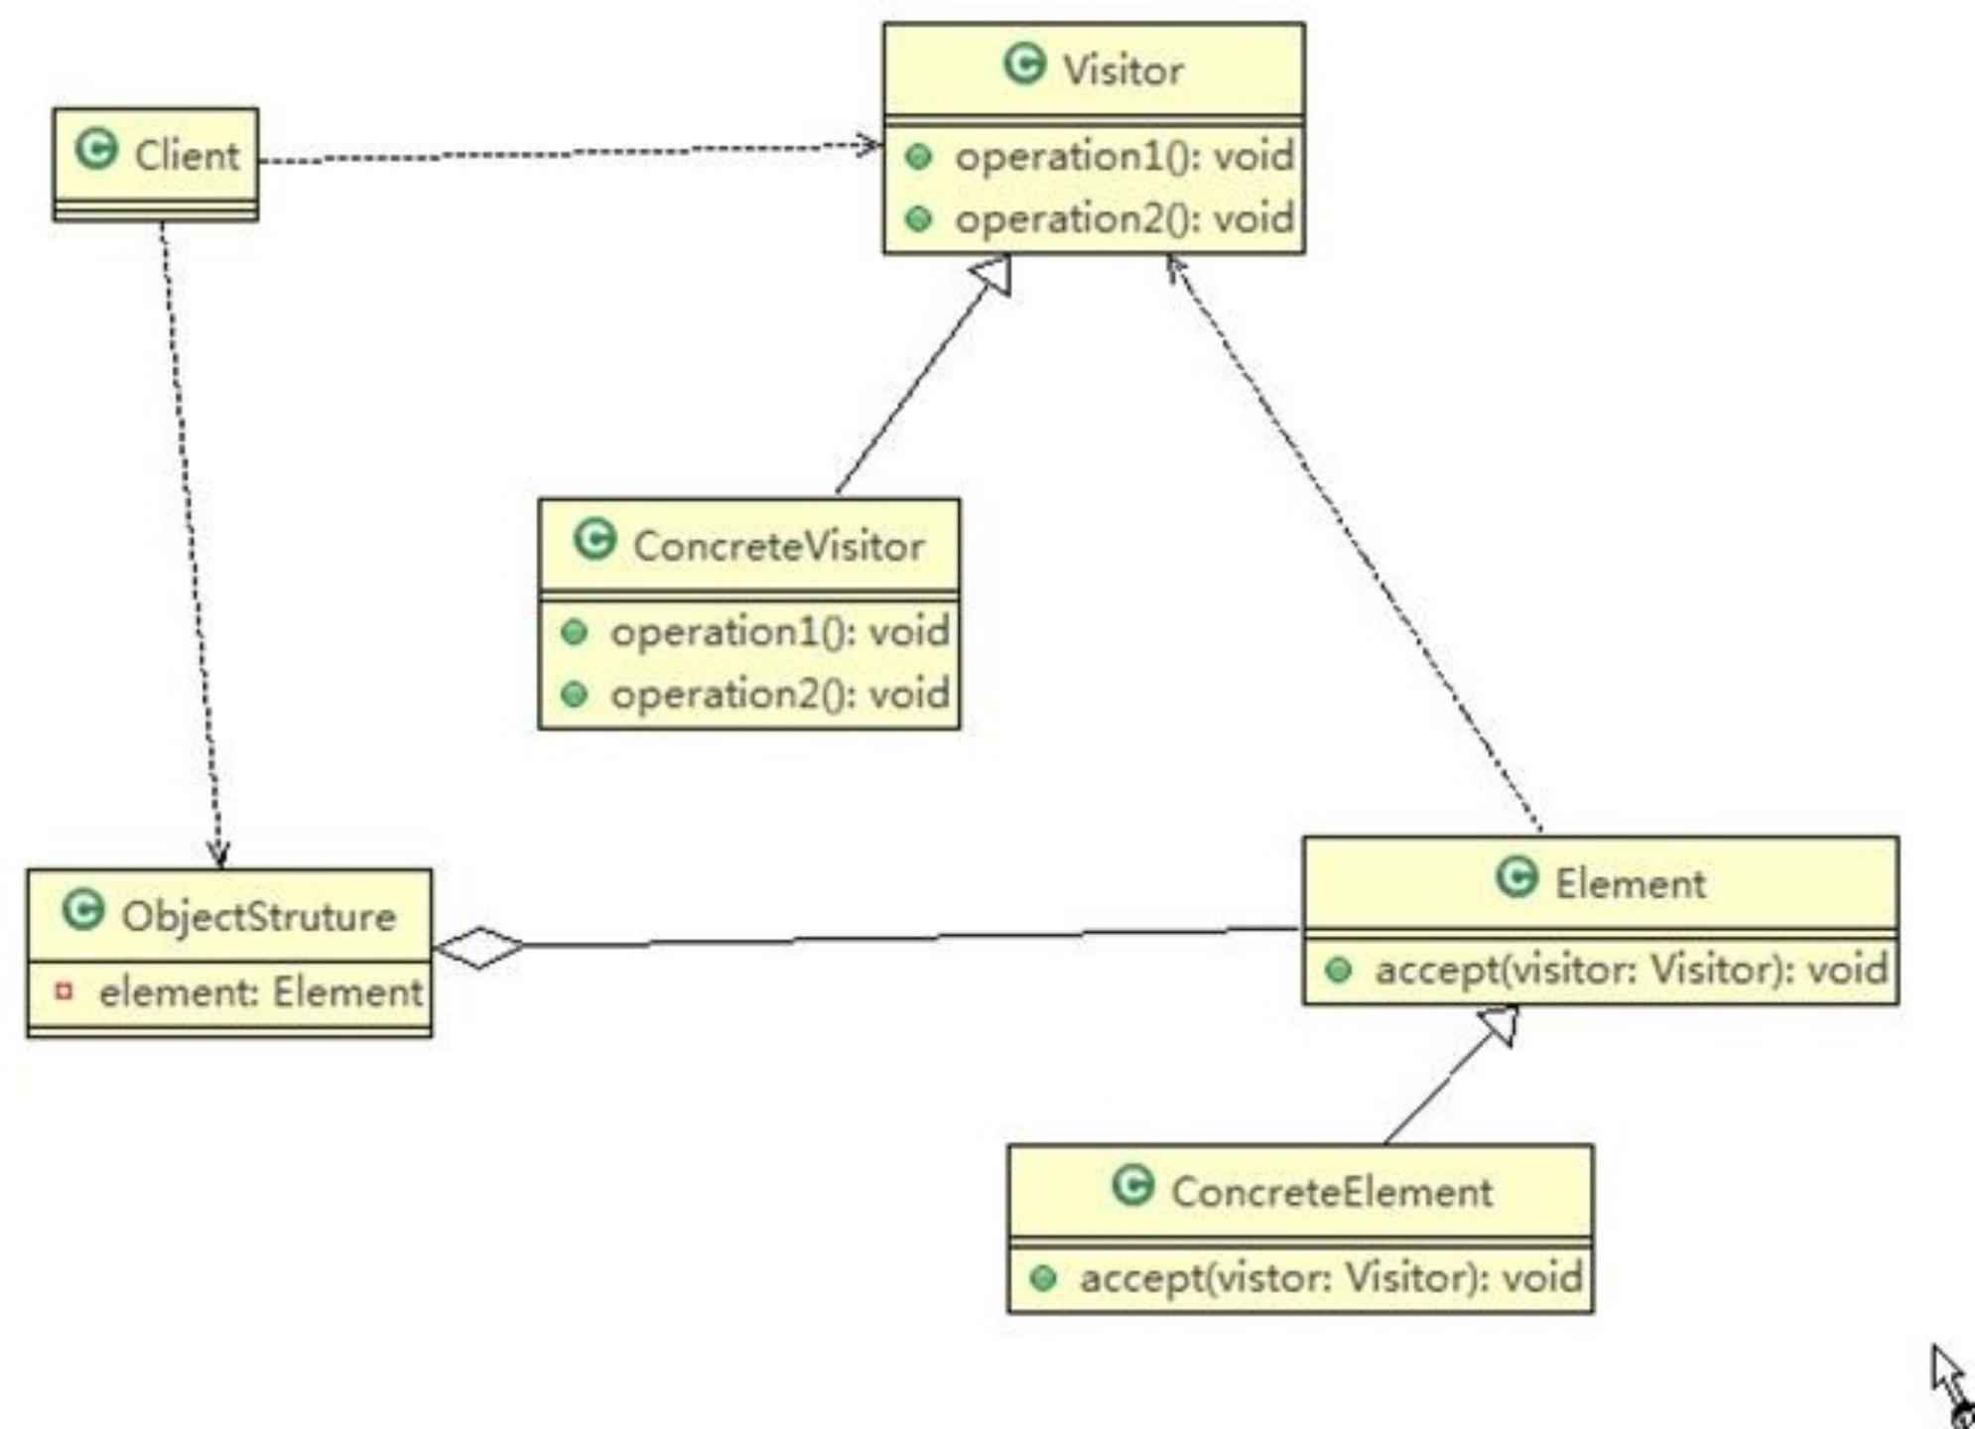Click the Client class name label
[187, 156]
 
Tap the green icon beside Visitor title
[1024, 65]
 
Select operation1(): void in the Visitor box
[1123, 157]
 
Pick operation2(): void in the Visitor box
[1123, 219]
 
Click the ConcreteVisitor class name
[778, 546]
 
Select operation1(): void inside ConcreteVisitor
[779, 632]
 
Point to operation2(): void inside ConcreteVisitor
[779, 694]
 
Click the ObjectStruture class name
[258, 916]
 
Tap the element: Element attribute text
[260, 992]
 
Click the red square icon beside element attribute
[65, 990]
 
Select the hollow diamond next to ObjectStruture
[480, 948]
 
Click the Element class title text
[1630, 883]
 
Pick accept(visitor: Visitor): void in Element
[1631, 970]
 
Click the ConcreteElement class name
[1331, 1192]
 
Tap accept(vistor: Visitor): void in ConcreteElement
[1331, 1278]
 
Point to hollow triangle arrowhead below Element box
[1500, 1024]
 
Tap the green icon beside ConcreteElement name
[1132, 1186]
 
